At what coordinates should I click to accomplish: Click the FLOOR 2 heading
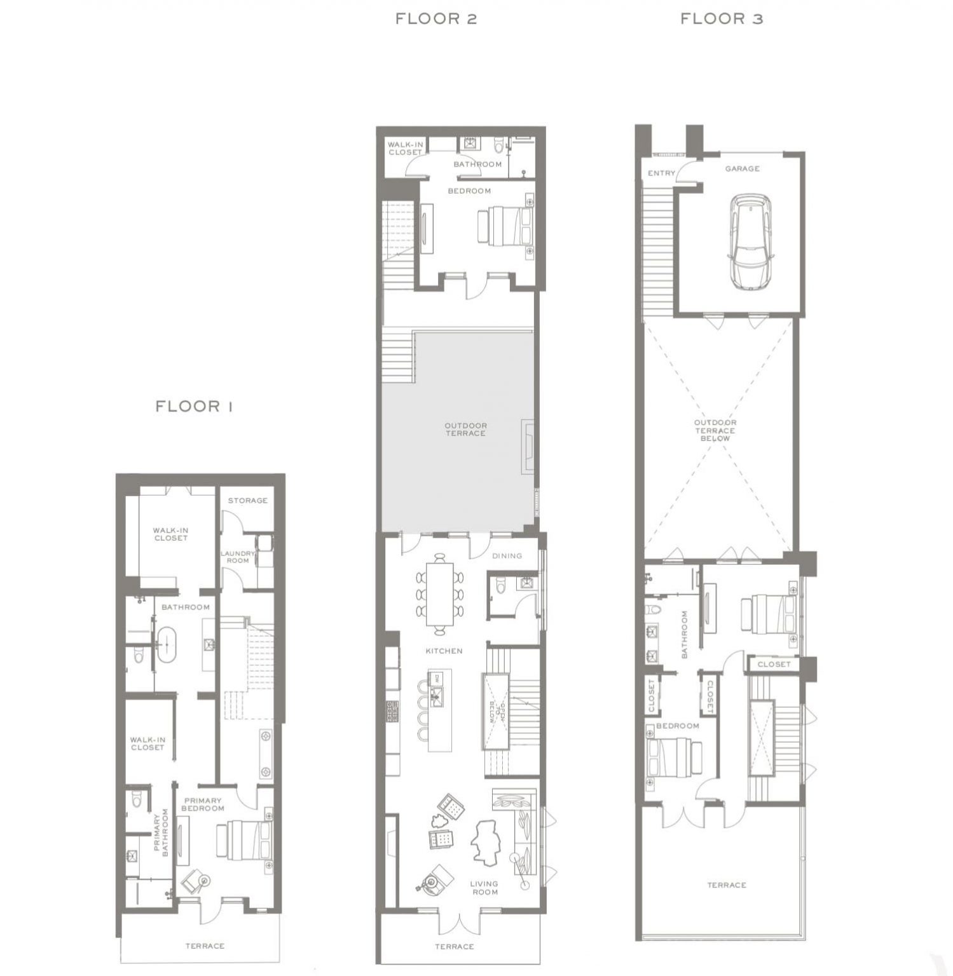click(x=436, y=18)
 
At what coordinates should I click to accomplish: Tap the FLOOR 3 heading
click(x=722, y=18)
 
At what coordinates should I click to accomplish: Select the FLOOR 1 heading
click(x=194, y=406)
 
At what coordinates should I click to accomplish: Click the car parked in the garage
click(x=751, y=241)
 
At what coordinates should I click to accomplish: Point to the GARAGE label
click(x=742, y=168)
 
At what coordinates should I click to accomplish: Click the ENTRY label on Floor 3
click(x=661, y=173)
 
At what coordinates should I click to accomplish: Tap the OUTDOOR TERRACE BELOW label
click(x=715, y=430)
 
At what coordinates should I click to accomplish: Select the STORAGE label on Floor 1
click(x=248, y=500)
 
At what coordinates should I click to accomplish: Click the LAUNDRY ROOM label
click(x=238, y=557)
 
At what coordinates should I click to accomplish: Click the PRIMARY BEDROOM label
click(x=203, y=804)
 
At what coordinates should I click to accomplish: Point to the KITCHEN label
click(x=444, y=651)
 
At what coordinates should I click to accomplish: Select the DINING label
click(x=507, y=555)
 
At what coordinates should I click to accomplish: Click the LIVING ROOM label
click(x=484, y=888)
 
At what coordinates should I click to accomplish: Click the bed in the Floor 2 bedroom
click(x=505, y=226)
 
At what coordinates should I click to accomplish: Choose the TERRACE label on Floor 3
click(x=727, y=884)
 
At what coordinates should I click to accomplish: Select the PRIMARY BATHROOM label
click(x=160, y=832)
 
